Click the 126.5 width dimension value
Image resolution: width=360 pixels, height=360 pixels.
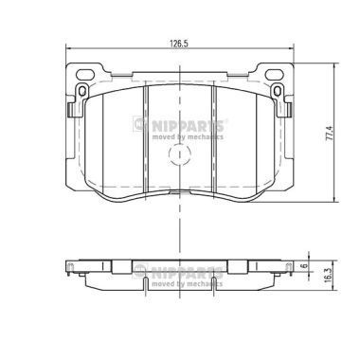click(178, 43)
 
